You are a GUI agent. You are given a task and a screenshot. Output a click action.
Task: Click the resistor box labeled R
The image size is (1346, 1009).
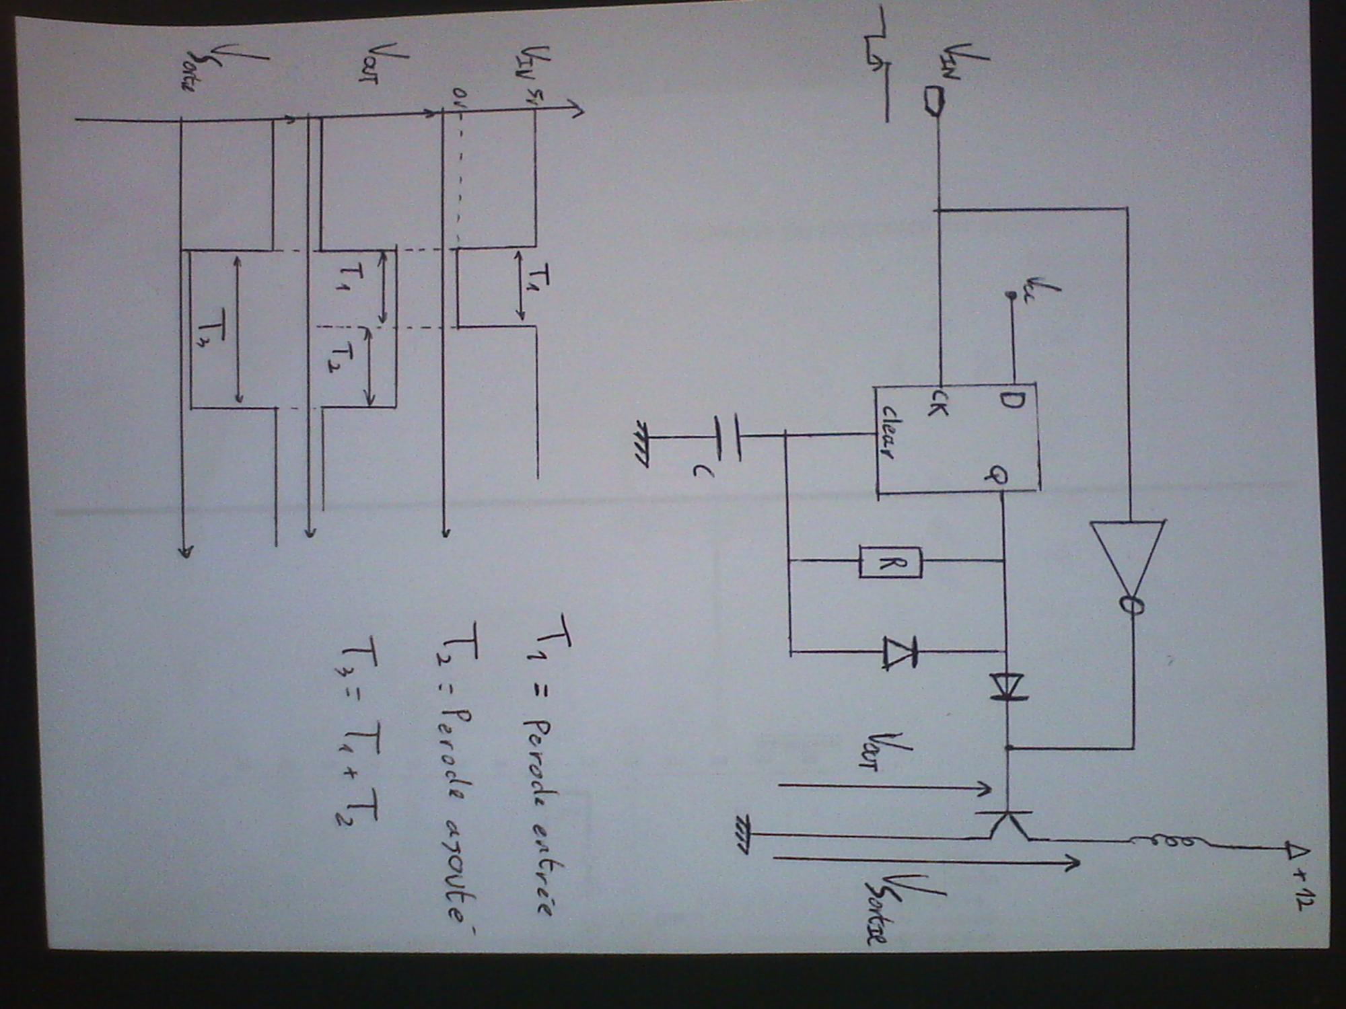click(x=890, y=562)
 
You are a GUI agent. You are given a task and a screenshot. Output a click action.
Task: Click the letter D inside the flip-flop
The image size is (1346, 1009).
click(x=1012, y=402)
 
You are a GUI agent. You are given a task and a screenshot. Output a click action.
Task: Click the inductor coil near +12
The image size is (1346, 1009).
click(x=1164, y=841)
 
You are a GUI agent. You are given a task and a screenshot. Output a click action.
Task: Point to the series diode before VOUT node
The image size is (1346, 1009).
click(x=1007, y=686)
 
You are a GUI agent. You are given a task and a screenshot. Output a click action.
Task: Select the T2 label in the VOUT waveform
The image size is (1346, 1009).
click(x=344, y=357)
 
